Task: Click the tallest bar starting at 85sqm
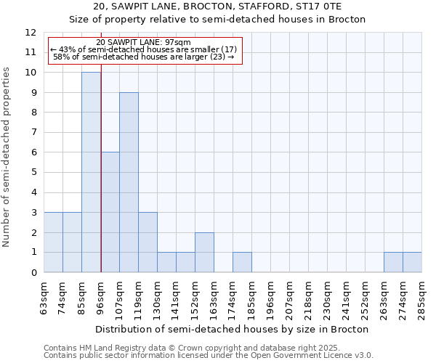point(91,172)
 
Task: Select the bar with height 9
point(129,182)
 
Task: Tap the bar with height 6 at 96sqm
point(110,212)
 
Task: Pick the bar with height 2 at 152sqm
point(204,253)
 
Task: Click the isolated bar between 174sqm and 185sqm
point(242,262)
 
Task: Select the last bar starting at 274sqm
point(412,262)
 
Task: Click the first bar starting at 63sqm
point(53,242)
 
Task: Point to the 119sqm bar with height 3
point(148,242)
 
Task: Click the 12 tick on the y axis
point(31,33)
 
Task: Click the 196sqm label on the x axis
point(271,297)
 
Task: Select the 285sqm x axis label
point(422,297)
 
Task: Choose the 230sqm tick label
point(328,297)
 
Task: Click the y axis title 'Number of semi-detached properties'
point(7,157)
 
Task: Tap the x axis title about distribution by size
point(232,329)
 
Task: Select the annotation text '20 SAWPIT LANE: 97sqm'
point(143,43)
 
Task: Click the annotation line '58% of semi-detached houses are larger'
point(143,57)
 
